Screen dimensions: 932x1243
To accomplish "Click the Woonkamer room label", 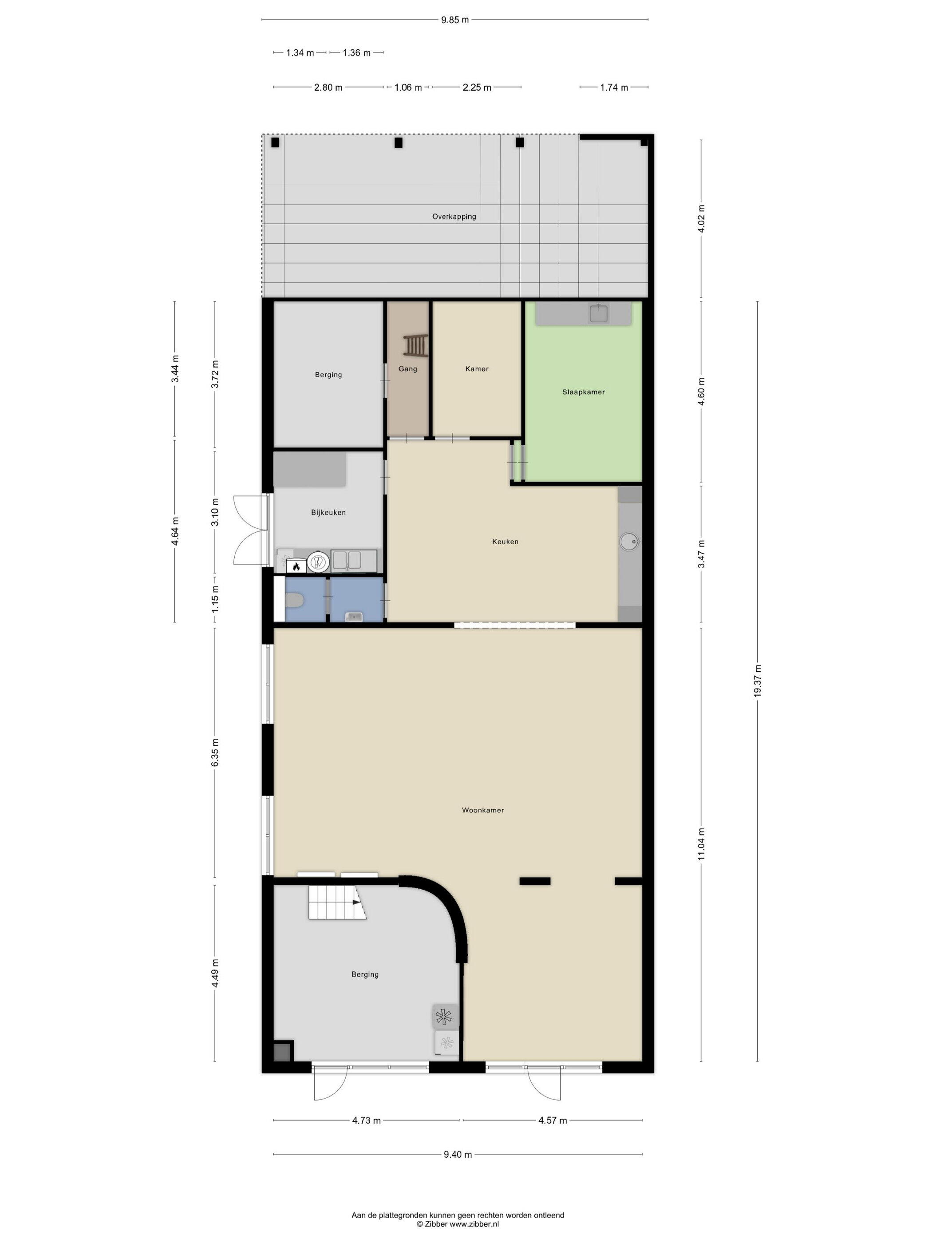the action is coord(482,810).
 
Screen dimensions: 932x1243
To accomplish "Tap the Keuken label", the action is coord(505,541).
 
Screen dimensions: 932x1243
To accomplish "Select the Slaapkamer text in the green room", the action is coord(583,392).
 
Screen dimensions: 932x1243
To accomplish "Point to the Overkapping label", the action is coord(454,216).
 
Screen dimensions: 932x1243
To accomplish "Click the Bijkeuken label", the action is coord(328,512).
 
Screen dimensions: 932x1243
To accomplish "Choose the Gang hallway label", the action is coord(408,368).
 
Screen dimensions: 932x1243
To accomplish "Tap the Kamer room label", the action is coord(477,368).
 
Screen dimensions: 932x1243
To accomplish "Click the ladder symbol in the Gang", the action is coord(415,345).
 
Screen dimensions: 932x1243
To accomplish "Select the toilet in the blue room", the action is coord(294,601).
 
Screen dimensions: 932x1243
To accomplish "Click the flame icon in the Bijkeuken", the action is coord(296,566).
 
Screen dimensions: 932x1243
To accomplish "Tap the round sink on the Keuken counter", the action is coord(629,542).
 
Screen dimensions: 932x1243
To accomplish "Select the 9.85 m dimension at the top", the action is coord(454,20).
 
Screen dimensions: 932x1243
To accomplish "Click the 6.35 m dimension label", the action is coord(215,752).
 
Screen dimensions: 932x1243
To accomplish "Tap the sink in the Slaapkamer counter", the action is coord(599,313).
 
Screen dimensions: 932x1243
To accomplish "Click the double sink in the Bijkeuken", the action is coord(347,560).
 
